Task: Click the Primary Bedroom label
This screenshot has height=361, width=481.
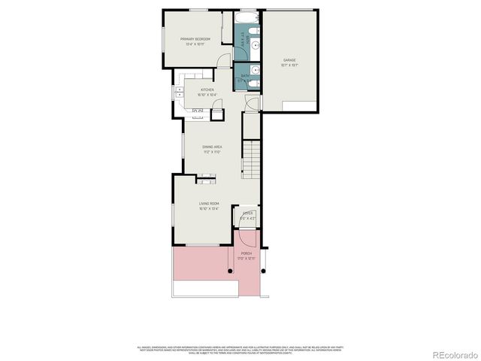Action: point(195,38)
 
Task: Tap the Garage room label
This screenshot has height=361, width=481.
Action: point(289,59)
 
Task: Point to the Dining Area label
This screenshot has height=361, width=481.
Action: point(211,147)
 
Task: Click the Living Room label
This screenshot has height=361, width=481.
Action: point(208,203)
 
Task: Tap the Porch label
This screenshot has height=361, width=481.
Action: point(247,253)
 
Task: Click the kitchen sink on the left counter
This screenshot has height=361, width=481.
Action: point(180,93)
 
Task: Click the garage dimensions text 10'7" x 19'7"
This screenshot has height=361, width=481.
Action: point(289,65)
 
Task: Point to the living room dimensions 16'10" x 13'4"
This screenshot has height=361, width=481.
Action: point(208,208)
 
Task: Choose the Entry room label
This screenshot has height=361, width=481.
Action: point(247,214)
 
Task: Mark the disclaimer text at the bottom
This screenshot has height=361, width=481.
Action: point(240,349)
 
